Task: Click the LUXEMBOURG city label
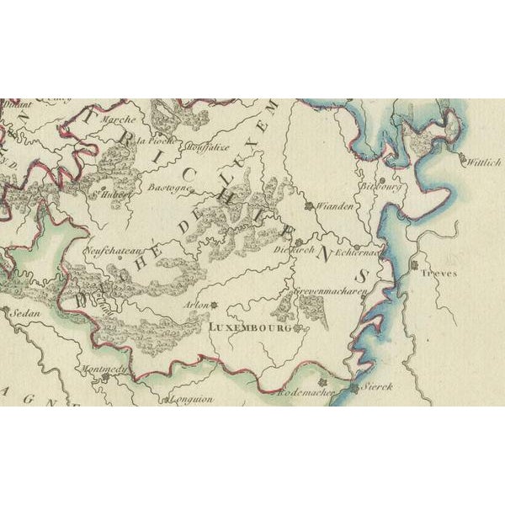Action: [248, 327]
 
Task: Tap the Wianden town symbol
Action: [309, 205]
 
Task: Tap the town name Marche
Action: [118, 120]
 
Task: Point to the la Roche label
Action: [154, 140]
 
